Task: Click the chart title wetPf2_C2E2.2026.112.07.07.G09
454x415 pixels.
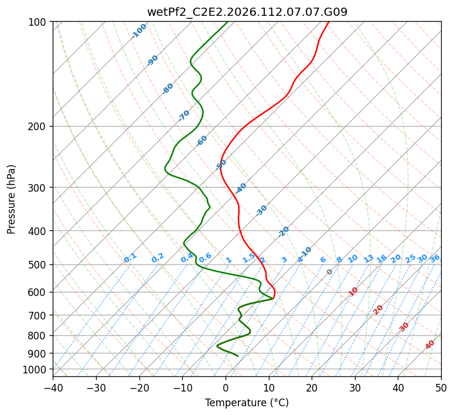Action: (247, 12)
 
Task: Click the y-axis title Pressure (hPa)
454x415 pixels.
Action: (12, 199)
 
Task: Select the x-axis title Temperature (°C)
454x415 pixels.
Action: (247, 403)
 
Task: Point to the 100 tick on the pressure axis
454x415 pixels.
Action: (39, 22)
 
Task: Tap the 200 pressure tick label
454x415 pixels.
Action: (39, 126)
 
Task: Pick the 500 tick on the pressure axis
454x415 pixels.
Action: (39, 264)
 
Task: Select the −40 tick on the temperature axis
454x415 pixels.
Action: (53, 387)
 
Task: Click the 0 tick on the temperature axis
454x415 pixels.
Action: (226, 387)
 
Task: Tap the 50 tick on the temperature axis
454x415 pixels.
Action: (441, 387)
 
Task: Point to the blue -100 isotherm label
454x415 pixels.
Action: (139, 31)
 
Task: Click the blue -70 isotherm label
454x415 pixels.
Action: (184, 115)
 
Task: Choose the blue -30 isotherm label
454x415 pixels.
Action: (261, 210)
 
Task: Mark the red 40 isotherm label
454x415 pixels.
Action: (430, 345)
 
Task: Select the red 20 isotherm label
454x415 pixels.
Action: (378, 309)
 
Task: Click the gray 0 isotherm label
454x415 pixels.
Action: (330, 272)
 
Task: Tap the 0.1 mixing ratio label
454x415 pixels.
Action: (130, 258)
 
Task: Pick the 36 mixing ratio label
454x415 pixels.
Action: (435, 258)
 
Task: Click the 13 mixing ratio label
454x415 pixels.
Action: (368, 258)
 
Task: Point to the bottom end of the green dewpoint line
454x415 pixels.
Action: (238, 356)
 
